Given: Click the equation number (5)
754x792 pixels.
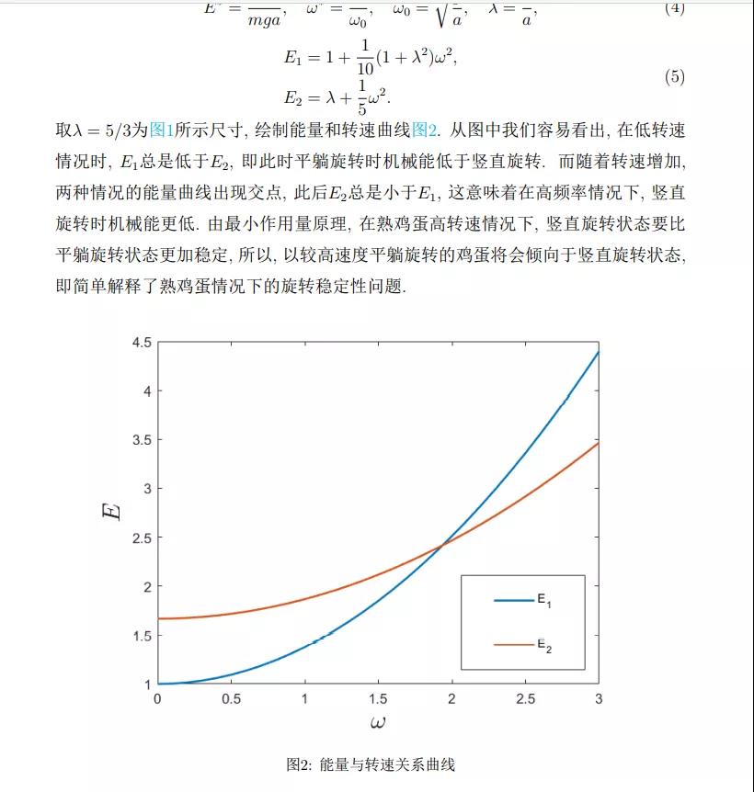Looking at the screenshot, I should pos(674,77).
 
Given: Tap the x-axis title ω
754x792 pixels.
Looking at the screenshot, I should pos(378,723).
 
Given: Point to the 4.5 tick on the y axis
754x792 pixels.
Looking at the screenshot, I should pos(141,342).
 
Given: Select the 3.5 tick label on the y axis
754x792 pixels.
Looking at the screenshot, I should pos(141,440).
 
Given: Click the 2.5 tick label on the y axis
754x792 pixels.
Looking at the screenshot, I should pos(141,537).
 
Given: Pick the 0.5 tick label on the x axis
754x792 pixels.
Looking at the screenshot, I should pos(231,699).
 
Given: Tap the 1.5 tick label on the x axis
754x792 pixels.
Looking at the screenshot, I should pos(378,699).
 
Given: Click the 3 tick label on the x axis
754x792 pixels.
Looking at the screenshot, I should pos(599,699).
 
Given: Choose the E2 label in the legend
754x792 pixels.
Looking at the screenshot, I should pos(544,646).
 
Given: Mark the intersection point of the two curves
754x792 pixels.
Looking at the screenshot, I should pos(442,544).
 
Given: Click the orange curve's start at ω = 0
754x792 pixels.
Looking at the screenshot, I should pos(158,618).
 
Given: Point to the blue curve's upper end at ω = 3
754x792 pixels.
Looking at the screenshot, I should pos(599,351).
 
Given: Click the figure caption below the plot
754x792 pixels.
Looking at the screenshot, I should pos(371,764).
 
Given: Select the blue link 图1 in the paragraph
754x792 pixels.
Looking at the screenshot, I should pos(160,130).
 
